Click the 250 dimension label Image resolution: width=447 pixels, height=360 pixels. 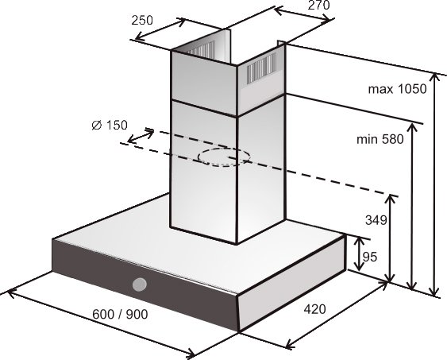142,20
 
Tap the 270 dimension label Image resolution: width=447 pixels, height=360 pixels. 318,5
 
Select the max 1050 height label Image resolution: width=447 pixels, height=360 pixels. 398,89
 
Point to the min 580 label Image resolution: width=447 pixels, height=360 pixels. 380,139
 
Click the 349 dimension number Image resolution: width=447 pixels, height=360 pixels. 376,220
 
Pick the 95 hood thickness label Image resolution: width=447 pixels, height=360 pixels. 370,257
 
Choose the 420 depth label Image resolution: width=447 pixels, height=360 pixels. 314,309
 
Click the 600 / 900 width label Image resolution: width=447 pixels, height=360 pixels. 121,314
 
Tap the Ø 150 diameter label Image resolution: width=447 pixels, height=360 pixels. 110,125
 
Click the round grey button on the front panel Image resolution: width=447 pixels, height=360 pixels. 140,285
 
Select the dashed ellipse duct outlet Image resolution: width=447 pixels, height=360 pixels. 224,157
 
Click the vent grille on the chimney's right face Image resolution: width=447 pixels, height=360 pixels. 261,69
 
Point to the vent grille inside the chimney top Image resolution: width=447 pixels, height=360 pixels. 201,49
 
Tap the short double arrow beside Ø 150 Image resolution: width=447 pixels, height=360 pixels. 141,136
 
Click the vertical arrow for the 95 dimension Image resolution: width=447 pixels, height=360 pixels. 360,254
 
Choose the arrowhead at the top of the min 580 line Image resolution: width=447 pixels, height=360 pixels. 411,127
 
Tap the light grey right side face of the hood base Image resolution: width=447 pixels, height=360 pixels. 292,285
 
